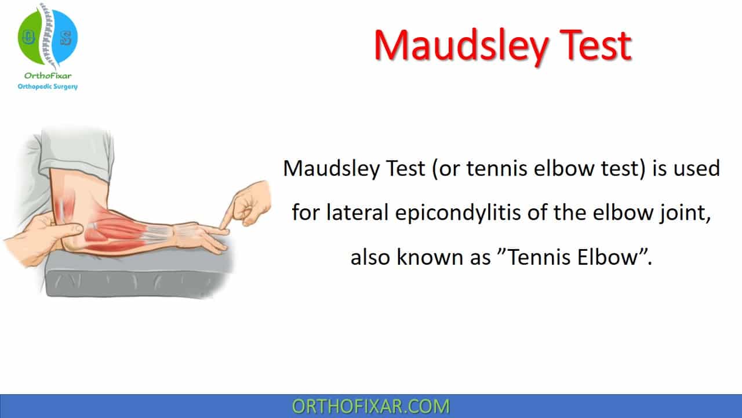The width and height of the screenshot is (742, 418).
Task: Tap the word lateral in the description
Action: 358,212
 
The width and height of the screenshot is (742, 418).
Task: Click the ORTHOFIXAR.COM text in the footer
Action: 370,406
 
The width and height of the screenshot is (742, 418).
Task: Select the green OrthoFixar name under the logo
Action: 48,75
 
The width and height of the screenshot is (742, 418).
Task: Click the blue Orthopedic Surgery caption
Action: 48,87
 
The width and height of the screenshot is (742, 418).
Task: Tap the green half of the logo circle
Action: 29,37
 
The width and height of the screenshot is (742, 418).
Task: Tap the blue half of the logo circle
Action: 66,37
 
